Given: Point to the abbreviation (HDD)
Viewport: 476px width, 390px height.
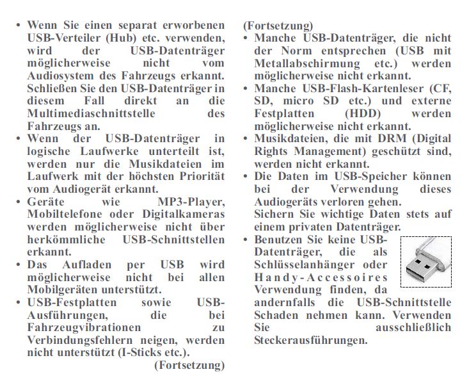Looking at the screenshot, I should pos(367,113).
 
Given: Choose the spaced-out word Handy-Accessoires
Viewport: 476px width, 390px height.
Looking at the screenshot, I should pos(321,277).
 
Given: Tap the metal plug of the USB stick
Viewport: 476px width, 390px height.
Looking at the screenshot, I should pos(418,270).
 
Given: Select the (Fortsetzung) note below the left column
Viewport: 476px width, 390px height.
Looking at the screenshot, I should pos(189,365).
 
